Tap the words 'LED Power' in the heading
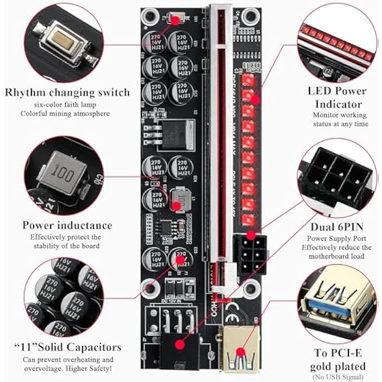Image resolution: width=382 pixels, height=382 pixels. (x=337, y=91)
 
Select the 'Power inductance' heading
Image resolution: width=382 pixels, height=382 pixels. (x=67, y=225)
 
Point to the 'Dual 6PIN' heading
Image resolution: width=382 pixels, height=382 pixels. (x=337, y=227)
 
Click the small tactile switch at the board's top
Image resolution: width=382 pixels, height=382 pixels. (x=175, y=20)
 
